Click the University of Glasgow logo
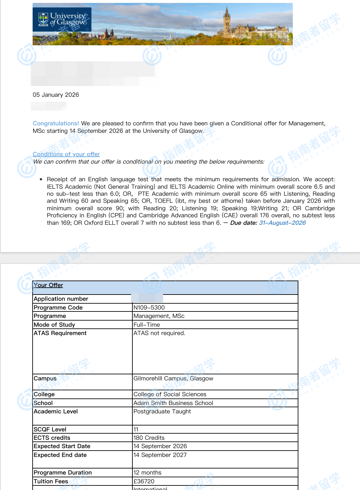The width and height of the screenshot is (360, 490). (x=62, y=19)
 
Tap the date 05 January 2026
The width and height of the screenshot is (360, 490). (x=56, y=95)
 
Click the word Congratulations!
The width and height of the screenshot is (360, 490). (x=56, y=123)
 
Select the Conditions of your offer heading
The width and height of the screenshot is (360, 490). (x=66, y=154)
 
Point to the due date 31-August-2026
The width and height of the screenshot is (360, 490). (x=282, y=223)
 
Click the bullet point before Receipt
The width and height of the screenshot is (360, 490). (x=41, y=180)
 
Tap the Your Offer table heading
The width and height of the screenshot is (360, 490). (x=48, y=285)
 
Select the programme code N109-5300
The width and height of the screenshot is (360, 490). (x=149, y=308)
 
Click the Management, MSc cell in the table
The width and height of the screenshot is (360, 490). (x=159, y=316)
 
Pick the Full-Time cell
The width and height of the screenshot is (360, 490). (x=147, y=325)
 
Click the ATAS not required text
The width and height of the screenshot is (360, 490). (x=159, y=333)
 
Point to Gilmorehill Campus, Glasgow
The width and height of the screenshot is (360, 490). (x=173, y=378)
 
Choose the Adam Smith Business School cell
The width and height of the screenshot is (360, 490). (x=173, y=403)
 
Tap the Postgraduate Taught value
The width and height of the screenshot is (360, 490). (x=162, y=411)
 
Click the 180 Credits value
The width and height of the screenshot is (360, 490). (x=149, y=438)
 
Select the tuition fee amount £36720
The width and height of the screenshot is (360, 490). (x=144, y=481)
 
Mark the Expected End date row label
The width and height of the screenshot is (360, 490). (x=60, y=455)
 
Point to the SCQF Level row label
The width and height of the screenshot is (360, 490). (x=50, y=429)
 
